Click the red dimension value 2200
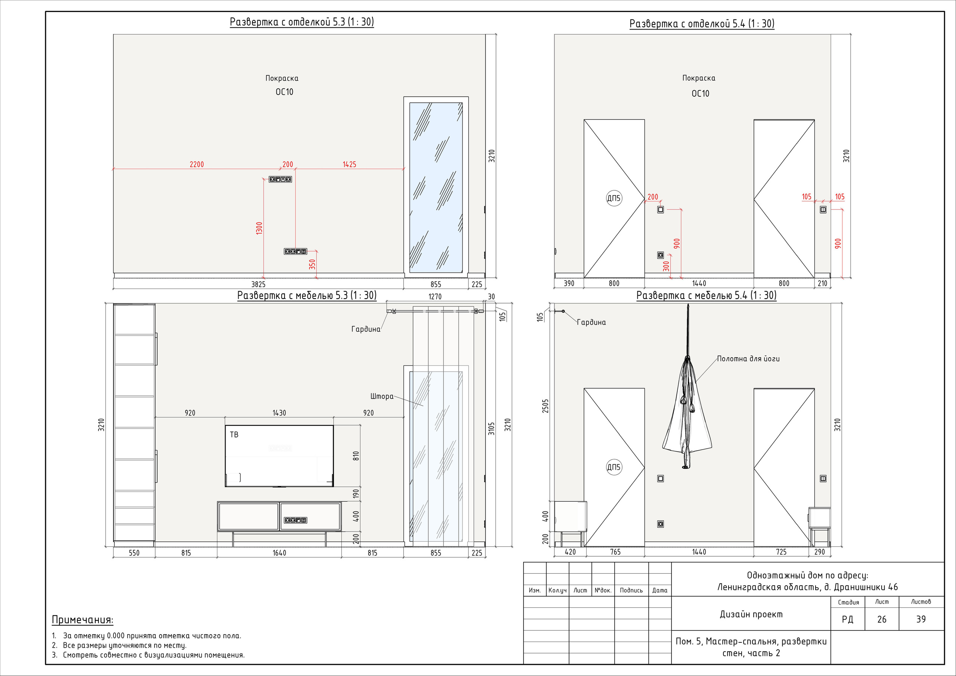pyautogui.click(x=197, y=164)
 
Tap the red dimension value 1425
pyautogui.click(x=349, y=164)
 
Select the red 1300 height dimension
pyautogui.click(x=260, y=228)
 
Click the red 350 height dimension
pyautogui.click(x=312, y=264)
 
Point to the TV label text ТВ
pyautogui.click(x=234, y=434)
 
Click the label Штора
pyautogui.click(x=382, y=396)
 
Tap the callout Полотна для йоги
pyautogui.click(x=748, y=359)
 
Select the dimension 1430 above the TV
pyautogui.click(x=279, y=413)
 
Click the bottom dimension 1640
pyautogui.click(x=279, y=553)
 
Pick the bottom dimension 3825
pyautogui.click(x=258, y=284)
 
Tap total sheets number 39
pyautogui.click(x=921, y=619)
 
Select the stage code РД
pyautogui.click(x=847, y=619)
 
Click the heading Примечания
pyautogui.click(x=83, y=620)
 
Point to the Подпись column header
pyautogui.click(x=631, y=590)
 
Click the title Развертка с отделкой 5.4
pyautogui.click(x=702, y=24)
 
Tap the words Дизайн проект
pyautogui.click(x=751, y=614)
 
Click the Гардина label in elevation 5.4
pyautogui.click(x=591, y=322)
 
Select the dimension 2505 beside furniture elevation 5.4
pyautogui.click(x=546, y=406)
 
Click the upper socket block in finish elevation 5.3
pyautogui.click(x=280, y=180)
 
